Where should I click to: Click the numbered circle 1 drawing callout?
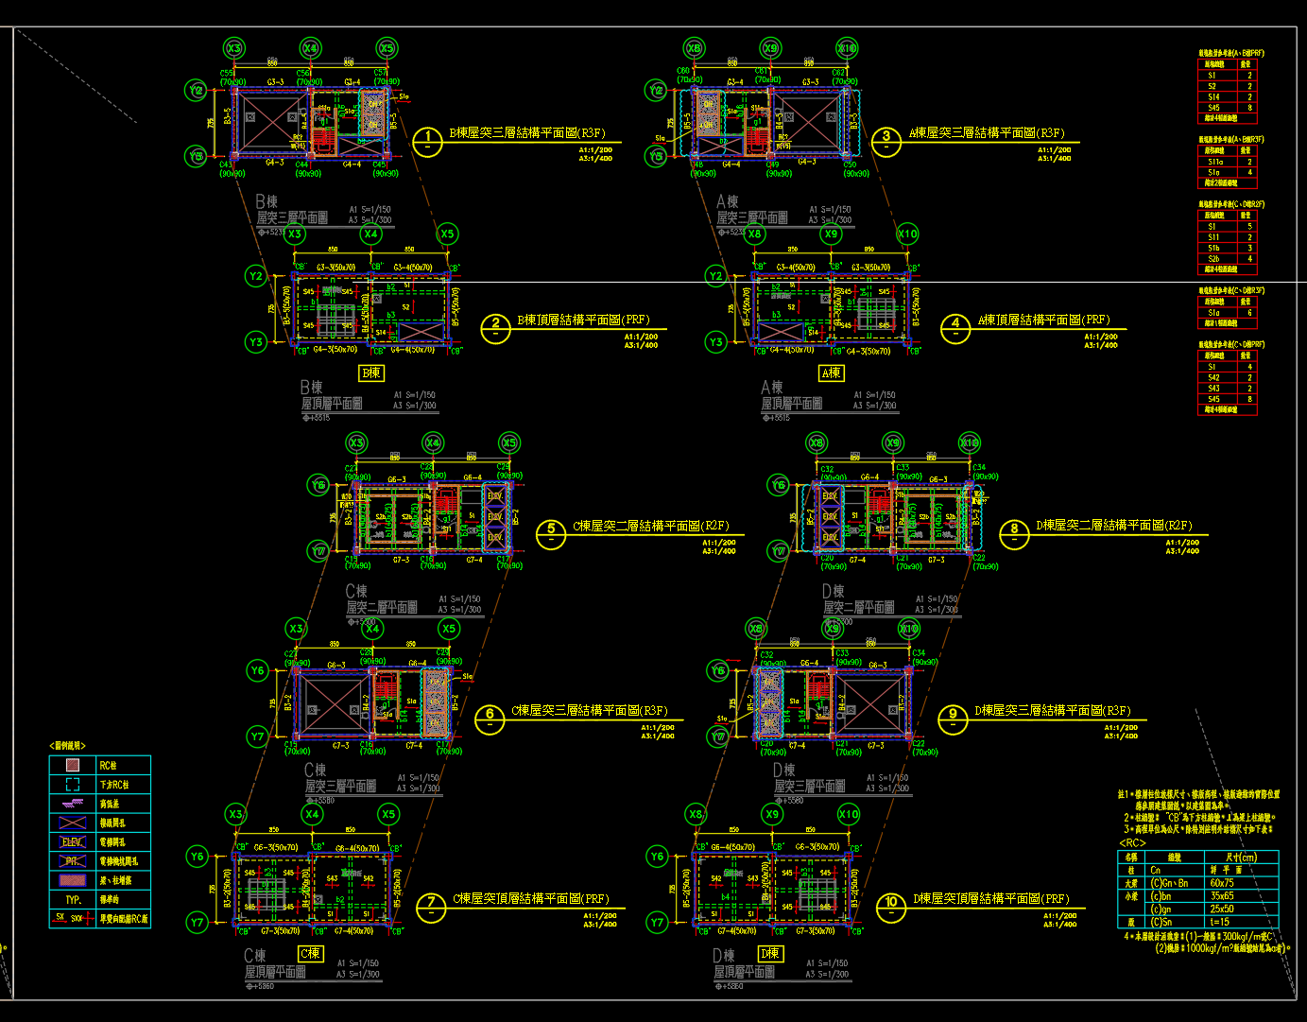[428, 142]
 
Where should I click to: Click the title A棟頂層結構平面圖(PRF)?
[1043, 320]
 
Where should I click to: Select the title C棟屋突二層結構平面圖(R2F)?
[651, 526]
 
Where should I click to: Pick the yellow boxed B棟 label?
[370, 373]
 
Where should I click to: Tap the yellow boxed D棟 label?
[770, 954]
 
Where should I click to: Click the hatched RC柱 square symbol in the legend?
[72, 766]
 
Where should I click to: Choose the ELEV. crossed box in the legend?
[72, 841]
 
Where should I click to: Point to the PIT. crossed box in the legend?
[72, 861]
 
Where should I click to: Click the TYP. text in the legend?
[73, 900]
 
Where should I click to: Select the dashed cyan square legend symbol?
[72, 785]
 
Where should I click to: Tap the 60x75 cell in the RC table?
[1221, 883]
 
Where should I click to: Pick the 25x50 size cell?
[1221, 909]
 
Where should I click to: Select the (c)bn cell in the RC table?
[1161, 896]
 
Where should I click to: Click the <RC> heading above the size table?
[1132, 843]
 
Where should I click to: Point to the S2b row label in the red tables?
[1213, 259]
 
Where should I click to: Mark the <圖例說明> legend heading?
[67, 746]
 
